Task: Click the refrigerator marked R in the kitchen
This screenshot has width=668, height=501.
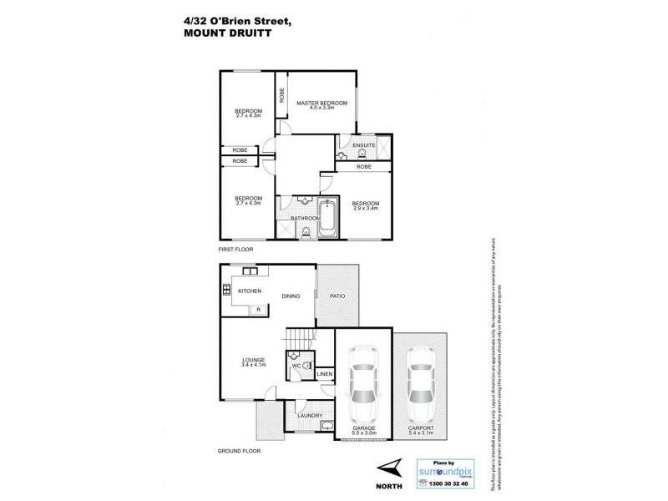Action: pos(259,310)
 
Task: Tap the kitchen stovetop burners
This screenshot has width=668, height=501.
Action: pos(226,290)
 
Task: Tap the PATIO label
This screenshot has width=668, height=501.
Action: pos(338,296)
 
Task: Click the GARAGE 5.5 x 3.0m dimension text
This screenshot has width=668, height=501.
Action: pos(362,431)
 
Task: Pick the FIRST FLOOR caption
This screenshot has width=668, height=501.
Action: pos(236,249)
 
